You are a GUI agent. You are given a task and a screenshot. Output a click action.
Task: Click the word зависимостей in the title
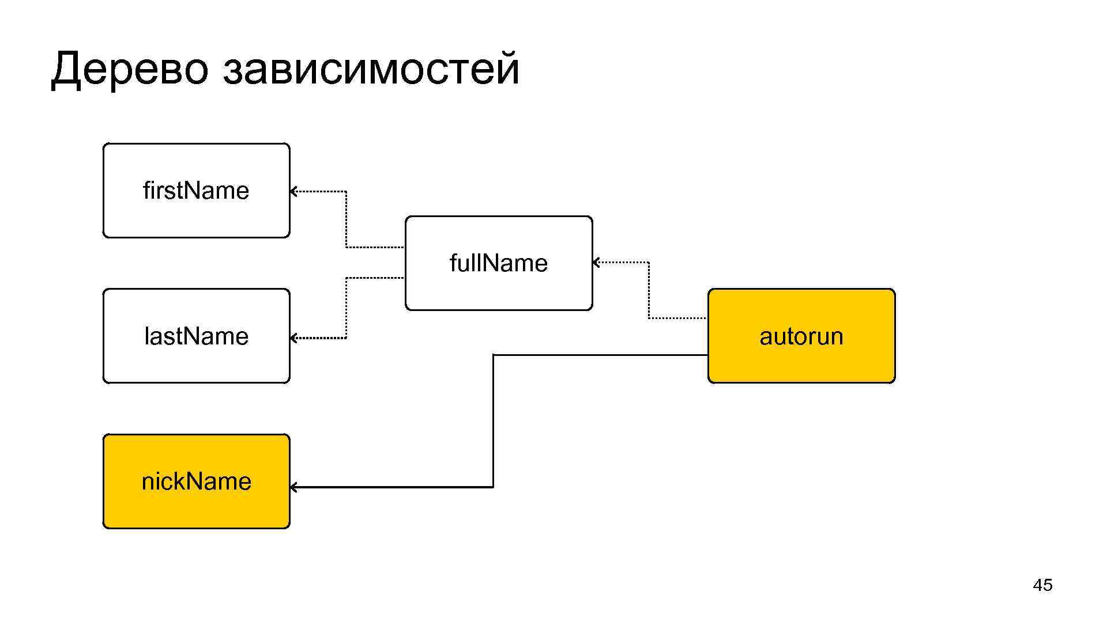pyautogui.click(x=371, y=69)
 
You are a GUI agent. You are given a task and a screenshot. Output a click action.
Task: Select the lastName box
pyautogui.click(x=196, y=363)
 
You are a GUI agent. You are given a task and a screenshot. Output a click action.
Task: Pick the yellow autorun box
pyautogui.click(x=801, y=363)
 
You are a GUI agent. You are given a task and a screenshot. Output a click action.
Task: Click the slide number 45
pyautogui.click(x=1042, y=585)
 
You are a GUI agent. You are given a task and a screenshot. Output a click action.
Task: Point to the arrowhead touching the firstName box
pyautogui.click(x=293, y=191)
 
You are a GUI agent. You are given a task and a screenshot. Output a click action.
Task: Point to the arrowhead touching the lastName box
pyautogui.click(x=293, y=338)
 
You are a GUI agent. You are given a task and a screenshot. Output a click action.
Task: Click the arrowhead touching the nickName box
pyautogui.click(x=293, y=487)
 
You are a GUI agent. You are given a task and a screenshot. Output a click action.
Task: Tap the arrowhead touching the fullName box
pyautogui.click(x=596, y=263)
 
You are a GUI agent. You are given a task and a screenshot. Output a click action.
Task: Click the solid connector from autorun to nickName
pyautogui.click(x=494, y=420)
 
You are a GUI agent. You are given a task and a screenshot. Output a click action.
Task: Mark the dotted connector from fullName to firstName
pyautogui.click(x=346, y=219)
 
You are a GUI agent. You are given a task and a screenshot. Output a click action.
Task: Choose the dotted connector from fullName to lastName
pyautogui.click(x=346, y=308)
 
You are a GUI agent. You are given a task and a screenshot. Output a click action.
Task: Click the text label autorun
pyautogui.click(x=801, y=336)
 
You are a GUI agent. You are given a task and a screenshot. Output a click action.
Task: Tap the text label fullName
pyautogui.click(x=499, y=263)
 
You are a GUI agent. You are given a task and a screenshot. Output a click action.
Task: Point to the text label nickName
pyautogui.click(x=196, y=481)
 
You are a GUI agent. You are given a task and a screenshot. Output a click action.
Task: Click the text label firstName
pyautogui.click(x=196, y=191)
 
